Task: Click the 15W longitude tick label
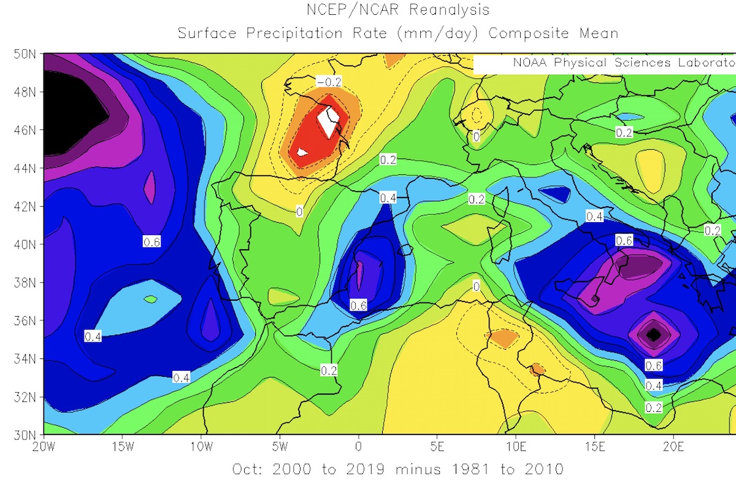tap(122, 446)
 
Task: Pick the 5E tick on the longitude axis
tap(437, 446)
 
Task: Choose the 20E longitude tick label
tap(673, 446)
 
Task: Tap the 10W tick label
tap(201, 446)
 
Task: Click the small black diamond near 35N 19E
tap(654, 334)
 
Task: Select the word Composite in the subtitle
tap(528, 33)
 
